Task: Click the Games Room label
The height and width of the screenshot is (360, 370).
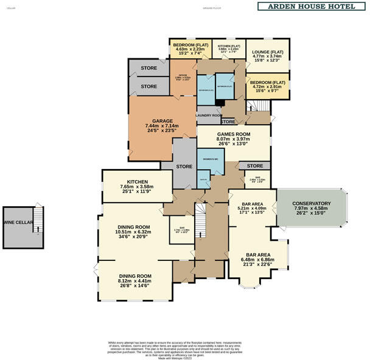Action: tap(234, 138)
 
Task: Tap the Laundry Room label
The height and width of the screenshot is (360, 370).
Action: tap(209, 115)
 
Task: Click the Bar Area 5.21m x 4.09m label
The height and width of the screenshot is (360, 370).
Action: tap(252, 209)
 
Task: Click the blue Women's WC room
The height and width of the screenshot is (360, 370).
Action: tap(211, 159)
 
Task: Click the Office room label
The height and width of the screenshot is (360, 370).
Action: tap(183, 78)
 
